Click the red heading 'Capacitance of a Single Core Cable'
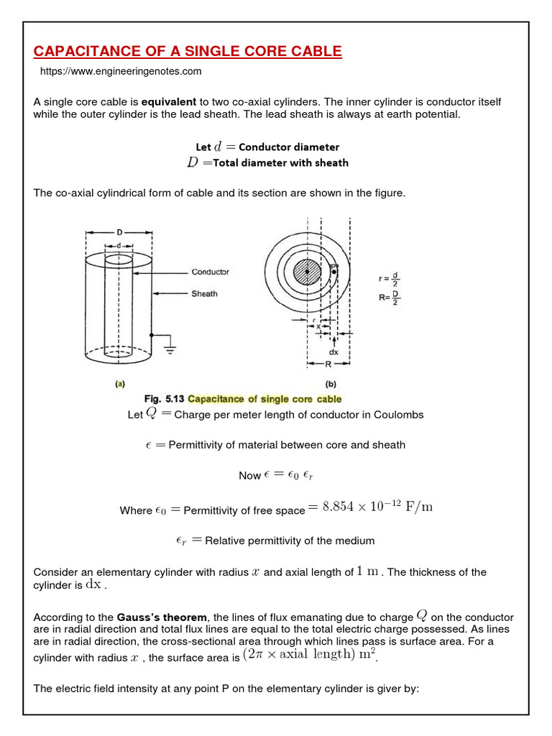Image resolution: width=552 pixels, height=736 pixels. tap(188, 51)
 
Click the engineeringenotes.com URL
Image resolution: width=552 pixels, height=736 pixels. tap(121, 71)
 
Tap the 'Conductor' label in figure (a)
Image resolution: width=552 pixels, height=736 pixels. tap(210, 272)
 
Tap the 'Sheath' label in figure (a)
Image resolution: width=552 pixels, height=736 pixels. tap(204, 293)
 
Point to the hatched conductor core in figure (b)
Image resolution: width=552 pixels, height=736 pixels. tap(308, 272)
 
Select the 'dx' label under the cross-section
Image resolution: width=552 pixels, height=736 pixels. tap(333, 353)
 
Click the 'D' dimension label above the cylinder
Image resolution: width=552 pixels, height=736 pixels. tap(119, 233)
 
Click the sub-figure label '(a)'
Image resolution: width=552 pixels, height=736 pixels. tap(120, 385)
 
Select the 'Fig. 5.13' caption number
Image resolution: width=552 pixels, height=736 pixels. tap(165, 399)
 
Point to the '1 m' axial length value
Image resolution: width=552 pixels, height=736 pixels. tap(368, 571)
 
